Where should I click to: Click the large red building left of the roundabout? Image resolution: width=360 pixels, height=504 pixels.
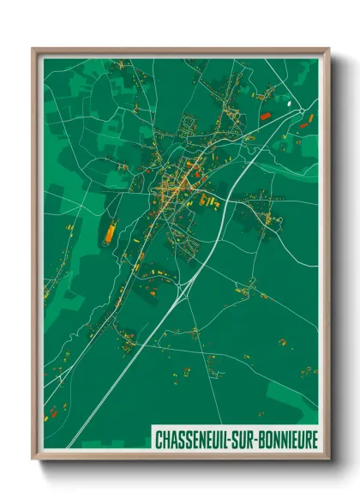tap(265, 113)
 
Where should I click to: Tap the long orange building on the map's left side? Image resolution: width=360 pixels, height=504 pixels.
tap(110, 231)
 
